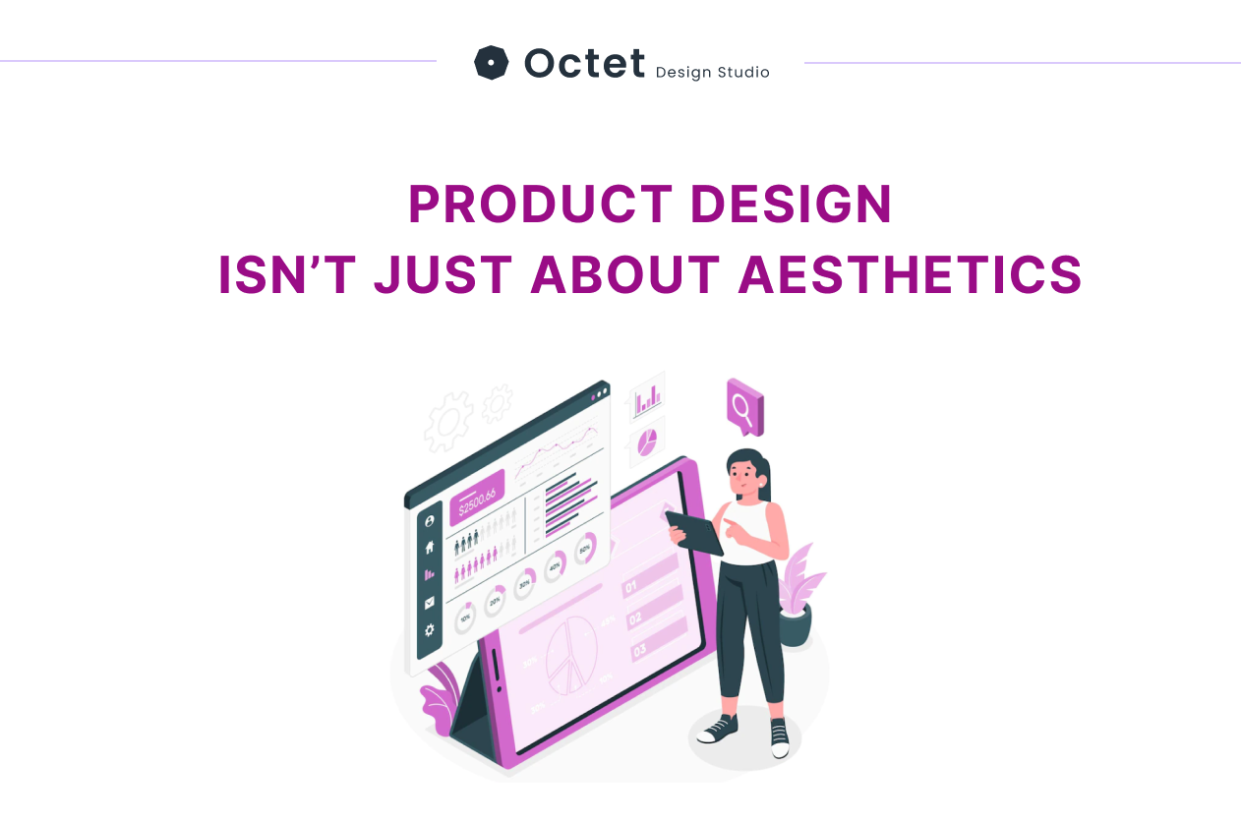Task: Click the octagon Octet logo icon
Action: [491, 63]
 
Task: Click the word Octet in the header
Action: [584, 63]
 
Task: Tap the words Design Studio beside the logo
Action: [712, 72]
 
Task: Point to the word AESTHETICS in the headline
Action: [910, 274]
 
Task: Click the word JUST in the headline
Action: [443, 274]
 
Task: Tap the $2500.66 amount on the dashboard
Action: [477, 499]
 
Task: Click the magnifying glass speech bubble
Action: [744, 404]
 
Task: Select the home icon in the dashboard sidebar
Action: [430, 548]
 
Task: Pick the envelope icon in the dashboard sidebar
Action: [430, 603]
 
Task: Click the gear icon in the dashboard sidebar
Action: [430, 630]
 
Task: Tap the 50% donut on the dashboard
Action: [585, 548]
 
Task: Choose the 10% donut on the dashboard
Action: [465, 618]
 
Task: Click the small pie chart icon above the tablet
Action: [647, 442]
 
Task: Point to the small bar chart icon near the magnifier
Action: [647, 398]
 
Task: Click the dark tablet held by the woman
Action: [693, 532]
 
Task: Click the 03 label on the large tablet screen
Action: [640, 649]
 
